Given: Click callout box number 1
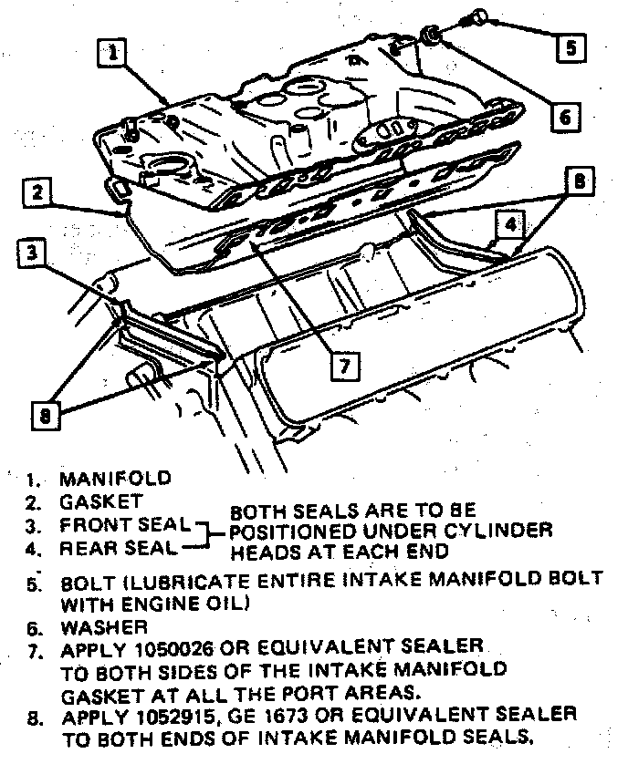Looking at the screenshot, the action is click(x=111, y=53).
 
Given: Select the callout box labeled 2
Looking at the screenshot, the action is click(x=36, y=191).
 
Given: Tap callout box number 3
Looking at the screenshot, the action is click(x=31, y=253).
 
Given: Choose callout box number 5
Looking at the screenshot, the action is click(x=570, y=46).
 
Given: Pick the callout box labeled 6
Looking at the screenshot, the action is click(x=564, y=116).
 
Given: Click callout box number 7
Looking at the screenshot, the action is click(x=342, y=367).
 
